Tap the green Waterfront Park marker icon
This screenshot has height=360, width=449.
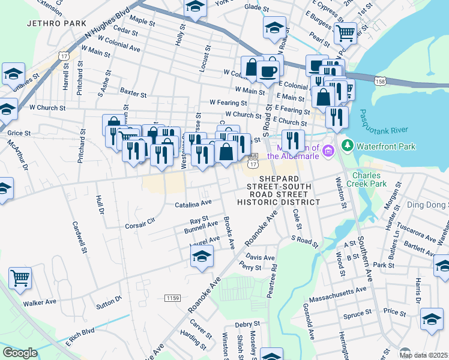pos(347,146)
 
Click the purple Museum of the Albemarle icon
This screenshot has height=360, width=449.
pos(327,149)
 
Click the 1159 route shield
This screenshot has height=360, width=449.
pos(172,298)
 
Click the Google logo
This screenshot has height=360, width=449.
pos(20,352)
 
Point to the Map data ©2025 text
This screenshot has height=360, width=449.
pos(423,355)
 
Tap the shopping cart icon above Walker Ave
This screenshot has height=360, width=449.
pos(20,278)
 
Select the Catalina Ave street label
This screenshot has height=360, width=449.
pos(193,205)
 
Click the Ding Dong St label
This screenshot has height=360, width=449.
pos(430,205)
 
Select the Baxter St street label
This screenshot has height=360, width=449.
pos(133,94)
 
